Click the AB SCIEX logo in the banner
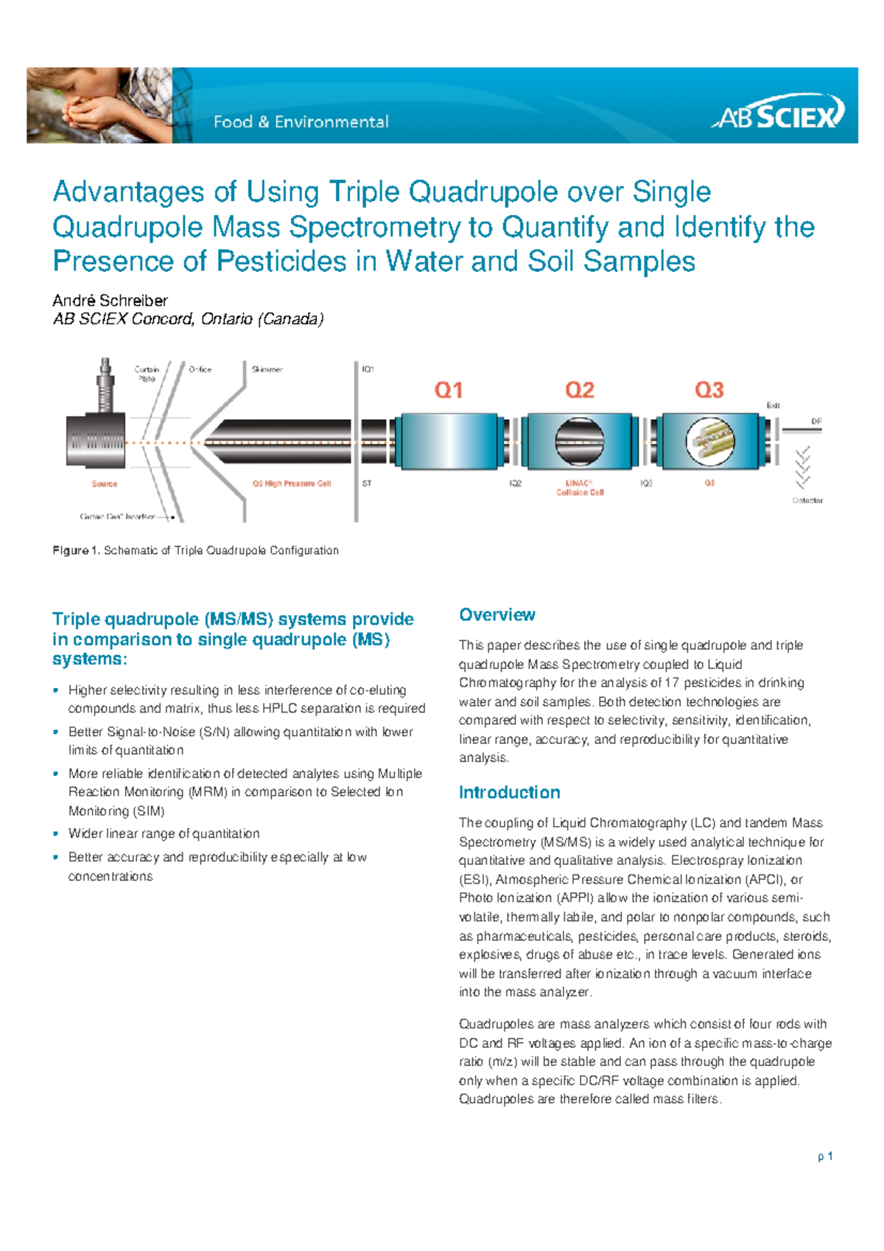pos(779,113)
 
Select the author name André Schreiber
pos(110,301)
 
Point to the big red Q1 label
pos(448,390)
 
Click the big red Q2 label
pos(579,390)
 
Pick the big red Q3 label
pos(709,390)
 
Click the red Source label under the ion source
pos(105,484)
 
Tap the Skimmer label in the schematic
pos(267,369)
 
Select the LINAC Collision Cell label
pos(580,488)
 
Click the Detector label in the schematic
pos(807,500)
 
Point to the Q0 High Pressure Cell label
pos(292,484)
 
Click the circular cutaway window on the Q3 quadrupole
pos(709,441)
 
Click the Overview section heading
pos(497,615)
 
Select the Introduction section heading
pos(509,793)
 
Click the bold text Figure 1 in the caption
pos(75,550)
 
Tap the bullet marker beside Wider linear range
pos(56,834)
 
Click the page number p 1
pos(825,1157)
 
